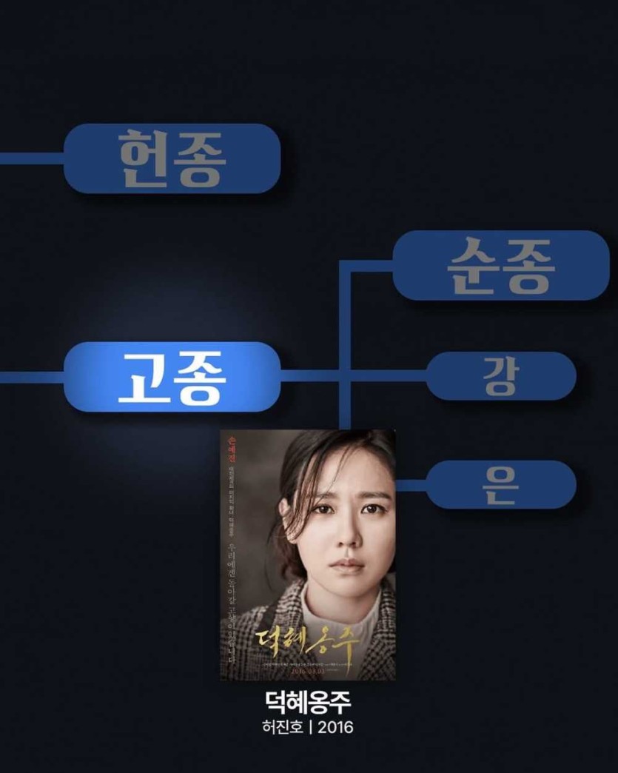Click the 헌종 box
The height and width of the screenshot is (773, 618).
click(172, 158)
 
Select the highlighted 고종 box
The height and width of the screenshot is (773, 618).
click(172, 377)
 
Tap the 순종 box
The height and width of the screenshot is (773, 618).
click(500, 265)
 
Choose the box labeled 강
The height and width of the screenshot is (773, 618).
click(501, 376)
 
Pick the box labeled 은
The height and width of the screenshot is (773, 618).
click(501, 484)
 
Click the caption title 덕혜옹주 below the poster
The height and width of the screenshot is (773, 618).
click(308, 701)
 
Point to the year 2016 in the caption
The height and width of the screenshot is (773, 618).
click(336, 726)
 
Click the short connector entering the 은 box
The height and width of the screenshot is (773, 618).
click(412, 485)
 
